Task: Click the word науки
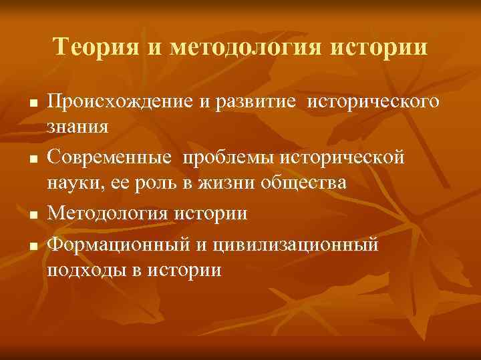75,182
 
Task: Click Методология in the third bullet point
109,214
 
